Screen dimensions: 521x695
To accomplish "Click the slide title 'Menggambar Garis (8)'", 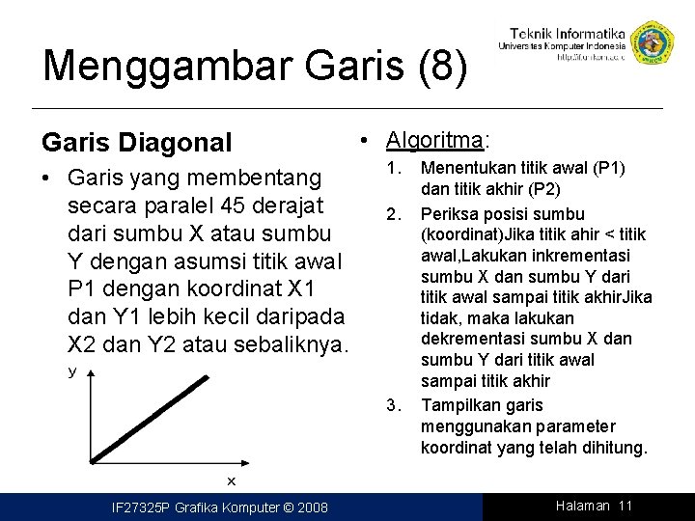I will point(256,66).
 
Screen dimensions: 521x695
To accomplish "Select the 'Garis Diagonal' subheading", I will point(136,143).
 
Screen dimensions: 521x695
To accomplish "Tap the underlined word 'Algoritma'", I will point(434,140).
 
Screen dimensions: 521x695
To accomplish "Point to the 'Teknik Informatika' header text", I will point(566,32).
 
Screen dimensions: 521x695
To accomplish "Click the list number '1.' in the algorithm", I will point(393,169).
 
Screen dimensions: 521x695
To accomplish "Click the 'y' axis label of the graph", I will point(71,370).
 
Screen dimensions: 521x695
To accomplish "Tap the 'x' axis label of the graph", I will point(231,480).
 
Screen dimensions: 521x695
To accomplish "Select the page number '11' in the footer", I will point(625,506).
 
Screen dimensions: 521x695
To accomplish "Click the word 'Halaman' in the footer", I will point(583,506).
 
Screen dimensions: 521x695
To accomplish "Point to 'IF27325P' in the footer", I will point(141,507).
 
